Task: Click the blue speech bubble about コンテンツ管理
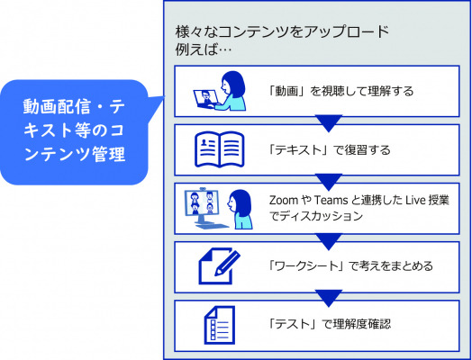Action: click(x=74, y=132)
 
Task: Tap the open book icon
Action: click(x=220, y=149)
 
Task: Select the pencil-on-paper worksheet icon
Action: click(x=220, y=265)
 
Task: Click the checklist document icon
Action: click(x=220, y=325)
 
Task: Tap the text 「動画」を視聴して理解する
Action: click(x=341, y=91)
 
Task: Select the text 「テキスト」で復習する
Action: click(x=330, y=149)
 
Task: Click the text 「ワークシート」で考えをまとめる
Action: click(x=351, y=265)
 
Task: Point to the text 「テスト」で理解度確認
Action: click(x=330, y=324)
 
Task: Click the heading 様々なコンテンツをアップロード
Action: click(x=282, y=31)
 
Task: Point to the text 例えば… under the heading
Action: click(x=204, y=49)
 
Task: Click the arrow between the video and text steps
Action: click(x=329, y=123)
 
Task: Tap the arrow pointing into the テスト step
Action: click(x=329, y=298)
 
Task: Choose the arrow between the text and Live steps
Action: click(x=329, y=183)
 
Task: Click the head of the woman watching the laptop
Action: click(x=232, y=84)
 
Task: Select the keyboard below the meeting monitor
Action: click(x=215, y=226)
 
